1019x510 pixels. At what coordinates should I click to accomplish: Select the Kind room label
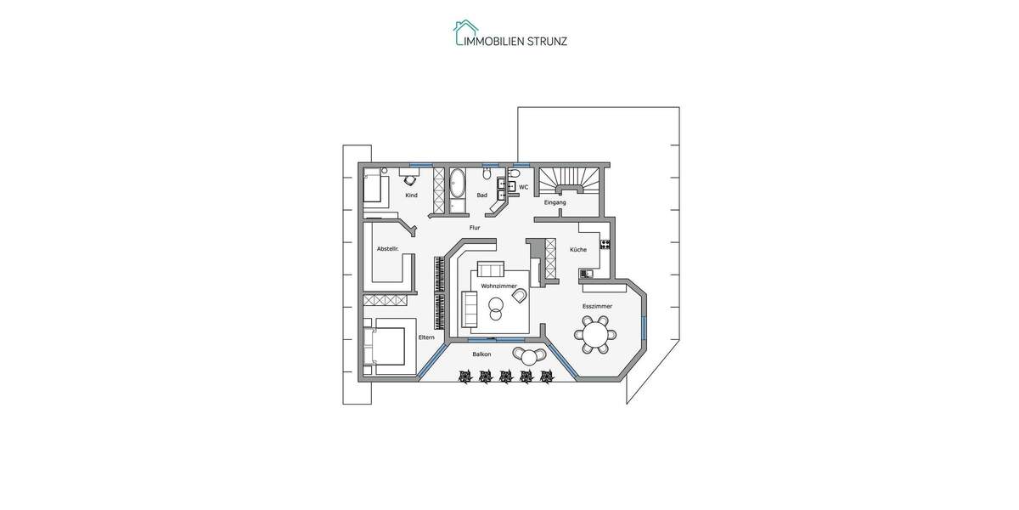[411, 195]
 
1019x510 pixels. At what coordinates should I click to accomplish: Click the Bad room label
[481, 195]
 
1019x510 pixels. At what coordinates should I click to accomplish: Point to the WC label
[523, 187]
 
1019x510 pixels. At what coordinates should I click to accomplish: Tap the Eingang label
[555, 202]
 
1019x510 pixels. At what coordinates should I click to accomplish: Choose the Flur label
[475, 228]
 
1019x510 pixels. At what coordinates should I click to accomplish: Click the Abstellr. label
[387, 249]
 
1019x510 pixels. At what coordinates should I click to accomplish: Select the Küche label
[578, 250]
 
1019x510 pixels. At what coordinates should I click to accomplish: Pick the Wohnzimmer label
[498, 286]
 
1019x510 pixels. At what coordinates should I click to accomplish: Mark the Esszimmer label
[597, 306]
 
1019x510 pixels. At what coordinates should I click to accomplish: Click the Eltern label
[426, 337]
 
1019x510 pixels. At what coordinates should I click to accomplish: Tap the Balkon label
[481, 354]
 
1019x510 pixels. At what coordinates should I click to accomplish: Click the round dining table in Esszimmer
[595, 334]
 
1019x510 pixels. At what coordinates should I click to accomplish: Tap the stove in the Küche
[605, 245]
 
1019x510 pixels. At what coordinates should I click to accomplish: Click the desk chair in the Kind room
[409, 179]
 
